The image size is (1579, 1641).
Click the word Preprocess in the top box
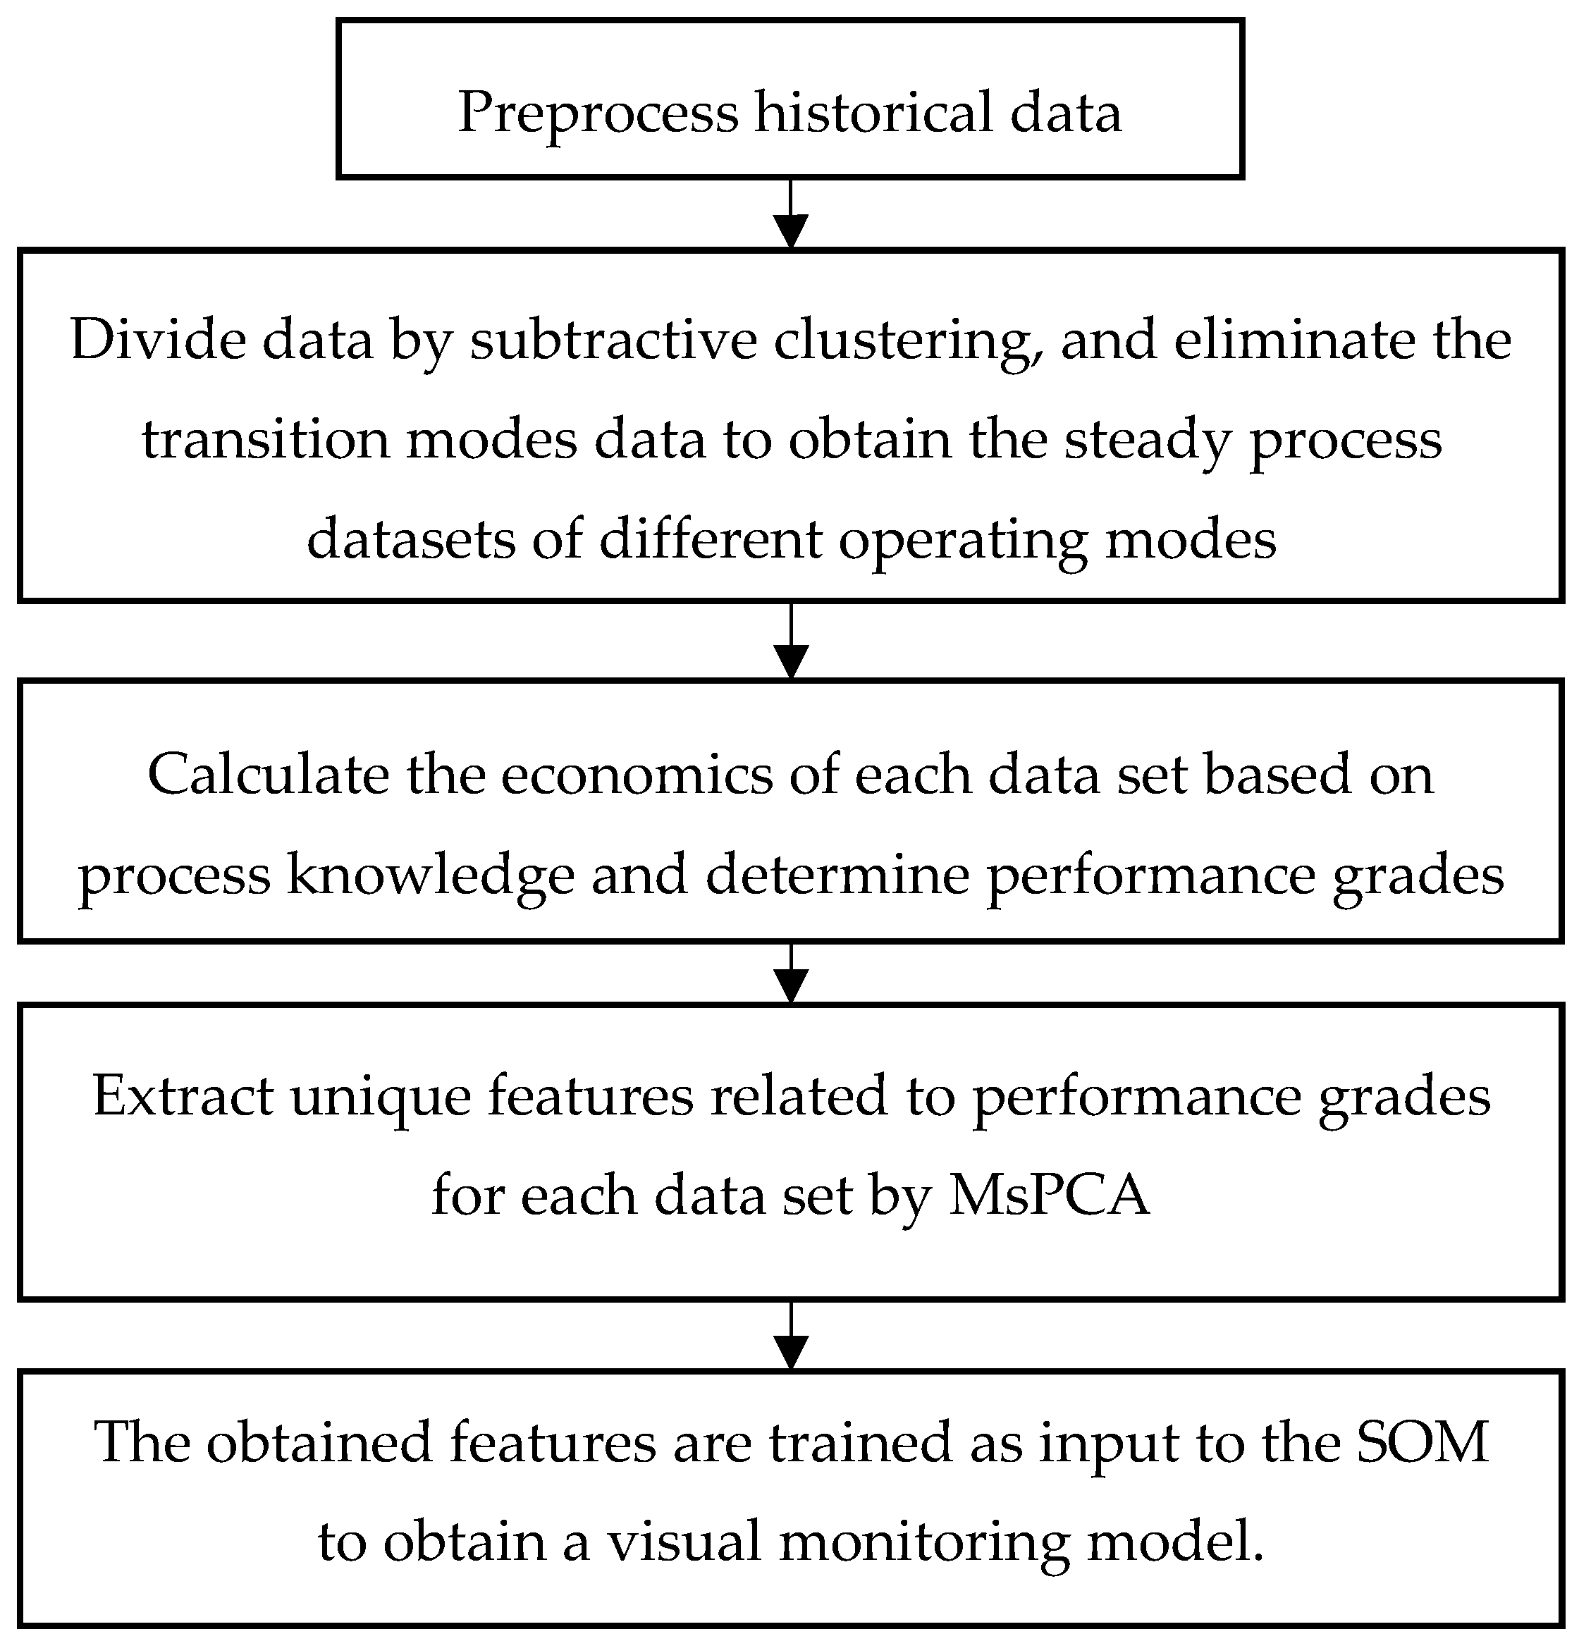click(598, 112)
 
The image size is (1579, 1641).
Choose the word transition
click(266, 440)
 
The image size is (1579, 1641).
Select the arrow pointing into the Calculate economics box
click(790, 643)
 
